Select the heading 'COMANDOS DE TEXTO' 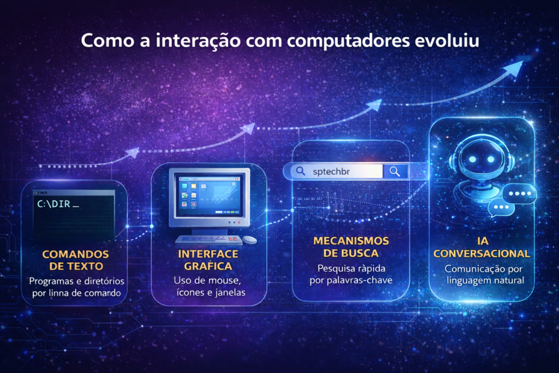coord(75,260)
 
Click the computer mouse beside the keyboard coord(249,239)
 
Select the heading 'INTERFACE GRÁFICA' coord(208,260)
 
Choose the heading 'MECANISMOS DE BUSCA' coord(351,246)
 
